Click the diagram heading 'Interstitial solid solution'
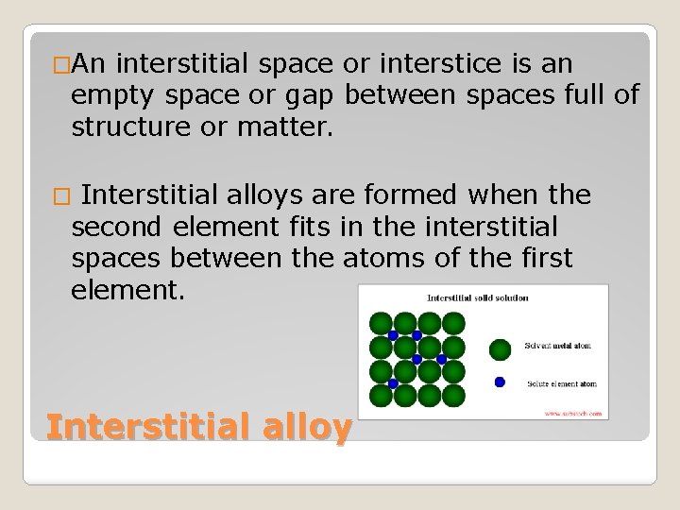(477, 298)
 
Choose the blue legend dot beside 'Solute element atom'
(500, 382)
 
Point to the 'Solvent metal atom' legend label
(557, 346)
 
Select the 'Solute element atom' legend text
(560, 383)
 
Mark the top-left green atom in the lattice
(381, 323)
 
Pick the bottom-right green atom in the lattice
(453, 395)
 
